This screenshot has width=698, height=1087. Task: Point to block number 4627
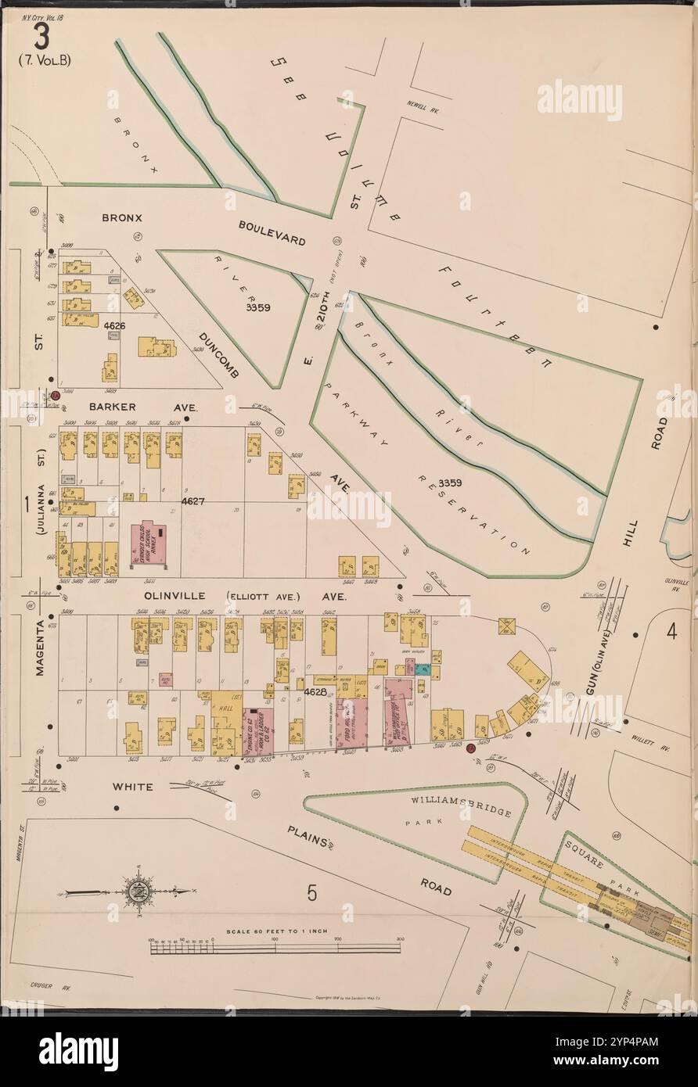[192, 501]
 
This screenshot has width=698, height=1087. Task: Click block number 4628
[315, 691]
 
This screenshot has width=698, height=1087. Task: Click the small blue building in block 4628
[422, 669]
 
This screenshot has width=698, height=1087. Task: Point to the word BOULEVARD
[272, 234]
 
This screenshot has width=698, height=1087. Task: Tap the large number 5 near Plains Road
[311, 892]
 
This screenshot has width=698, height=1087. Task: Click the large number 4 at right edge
[671, 630]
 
